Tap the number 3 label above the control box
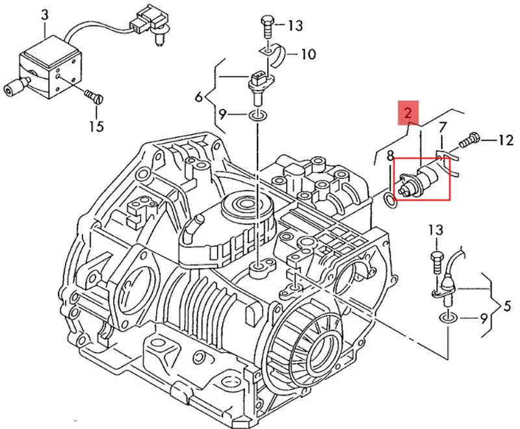coord(45,14)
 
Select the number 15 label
coord(96,126)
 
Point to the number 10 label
coord(308,54)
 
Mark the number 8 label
coord(390,156)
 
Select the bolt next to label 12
coord(470,139)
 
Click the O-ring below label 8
coord(389,200)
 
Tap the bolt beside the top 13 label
coord(267,26)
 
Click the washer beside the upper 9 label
coord(256,115)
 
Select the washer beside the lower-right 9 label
coord(448,318)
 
